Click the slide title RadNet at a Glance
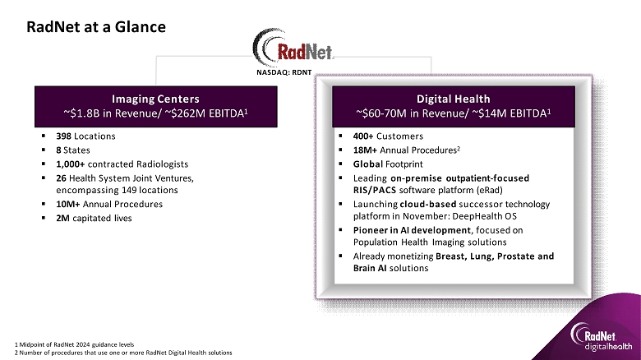point(96,27)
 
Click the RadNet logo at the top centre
point(293,47)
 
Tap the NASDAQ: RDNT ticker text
point(284,72)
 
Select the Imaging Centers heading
point(156,99)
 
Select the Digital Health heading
point(454,99)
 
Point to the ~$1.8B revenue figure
point(81,113)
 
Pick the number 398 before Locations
point(64,136)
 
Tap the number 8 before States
point(58,150)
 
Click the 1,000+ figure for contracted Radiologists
point(71,164)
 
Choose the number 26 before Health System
point(62,178)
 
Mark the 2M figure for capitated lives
point(62,218)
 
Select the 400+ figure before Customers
point(363,136)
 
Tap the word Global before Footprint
point(368,164)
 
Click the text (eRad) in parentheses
point(489,190)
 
